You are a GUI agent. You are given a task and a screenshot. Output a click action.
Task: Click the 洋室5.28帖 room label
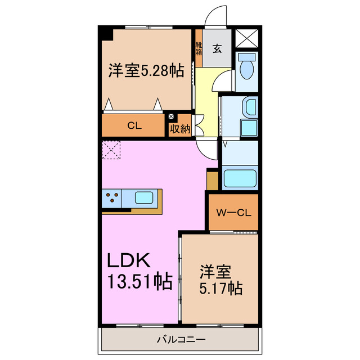point(146,71)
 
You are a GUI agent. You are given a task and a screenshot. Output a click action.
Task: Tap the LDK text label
point(129,260)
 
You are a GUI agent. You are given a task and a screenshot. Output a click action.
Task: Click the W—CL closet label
point(233,213)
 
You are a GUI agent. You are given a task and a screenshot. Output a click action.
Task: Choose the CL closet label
point(134,126)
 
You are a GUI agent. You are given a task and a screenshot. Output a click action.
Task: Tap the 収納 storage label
point(180,129)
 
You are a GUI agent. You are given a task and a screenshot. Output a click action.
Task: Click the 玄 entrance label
point(217,48)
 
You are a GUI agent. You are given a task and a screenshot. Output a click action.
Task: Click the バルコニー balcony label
point(181,339)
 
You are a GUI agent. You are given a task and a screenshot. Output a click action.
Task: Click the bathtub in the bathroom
point(240,178)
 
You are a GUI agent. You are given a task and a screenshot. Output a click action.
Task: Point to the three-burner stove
point(112,198)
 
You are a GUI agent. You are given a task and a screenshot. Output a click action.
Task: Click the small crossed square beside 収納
point(172,117)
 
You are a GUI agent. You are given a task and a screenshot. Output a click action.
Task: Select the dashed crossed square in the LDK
point(111,150)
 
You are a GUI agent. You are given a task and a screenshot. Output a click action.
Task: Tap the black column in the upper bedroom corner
point(106,33)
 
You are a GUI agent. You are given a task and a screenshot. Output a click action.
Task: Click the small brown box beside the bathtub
point(212,179)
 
